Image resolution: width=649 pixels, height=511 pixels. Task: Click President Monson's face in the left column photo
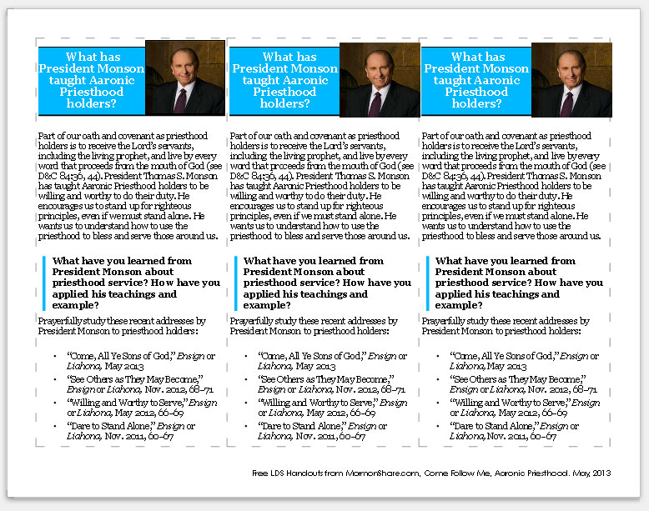pos(186,66)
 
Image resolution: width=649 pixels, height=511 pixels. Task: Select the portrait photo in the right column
pos(571,78)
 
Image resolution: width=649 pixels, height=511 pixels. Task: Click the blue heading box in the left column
pos(92,80)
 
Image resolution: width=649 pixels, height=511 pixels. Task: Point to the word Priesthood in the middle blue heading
pos(284,92)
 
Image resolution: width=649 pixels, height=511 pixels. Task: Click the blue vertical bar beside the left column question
pos(43,283)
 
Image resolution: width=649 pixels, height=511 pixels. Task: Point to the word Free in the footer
pos(260,473)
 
